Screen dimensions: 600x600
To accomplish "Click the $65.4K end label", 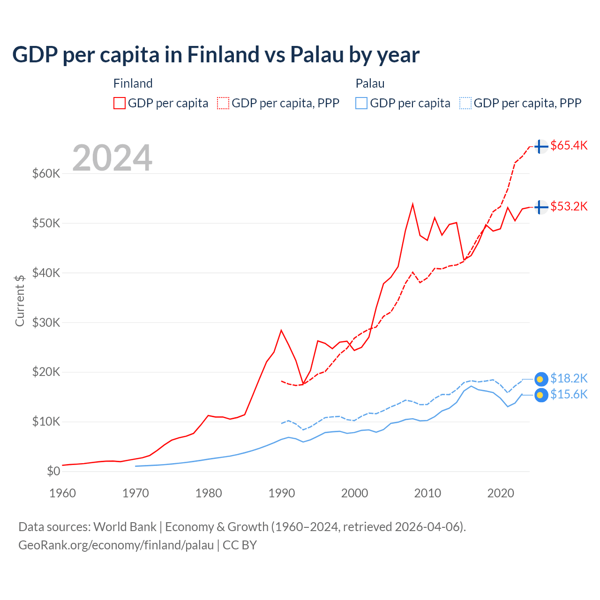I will tap(569, 145).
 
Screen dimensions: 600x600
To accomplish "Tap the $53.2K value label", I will tap(569, 206).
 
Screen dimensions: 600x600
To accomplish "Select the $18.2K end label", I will tap(569, 378).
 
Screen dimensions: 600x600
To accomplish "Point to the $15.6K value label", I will tap(569, 394).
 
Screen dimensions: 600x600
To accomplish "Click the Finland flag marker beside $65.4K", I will tap(541, 147).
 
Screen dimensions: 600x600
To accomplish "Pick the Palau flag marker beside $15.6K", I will tap(541, 395).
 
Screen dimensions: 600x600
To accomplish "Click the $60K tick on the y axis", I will tap(46, 173).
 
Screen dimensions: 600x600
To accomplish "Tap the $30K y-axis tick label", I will tap(46, 322).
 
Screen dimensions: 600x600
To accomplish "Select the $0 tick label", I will tap(53, 471).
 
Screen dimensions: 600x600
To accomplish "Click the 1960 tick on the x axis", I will tap(62, 493).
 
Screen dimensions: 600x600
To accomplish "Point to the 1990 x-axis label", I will tap(282, 493).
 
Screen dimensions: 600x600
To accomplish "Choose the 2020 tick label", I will tap(501, 493).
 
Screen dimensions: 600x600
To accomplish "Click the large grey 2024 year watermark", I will tap(112, 158).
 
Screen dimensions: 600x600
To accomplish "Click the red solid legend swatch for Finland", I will tap(120, 103).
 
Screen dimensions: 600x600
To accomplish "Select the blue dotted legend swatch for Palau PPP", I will tap(465, 103).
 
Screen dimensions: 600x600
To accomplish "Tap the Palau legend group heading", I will tap(370, 83).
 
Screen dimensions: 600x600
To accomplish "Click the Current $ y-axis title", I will tap(20, 300).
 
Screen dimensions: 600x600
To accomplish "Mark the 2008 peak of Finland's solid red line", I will tap(412, 204).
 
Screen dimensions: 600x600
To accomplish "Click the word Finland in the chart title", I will tap(222, 54).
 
